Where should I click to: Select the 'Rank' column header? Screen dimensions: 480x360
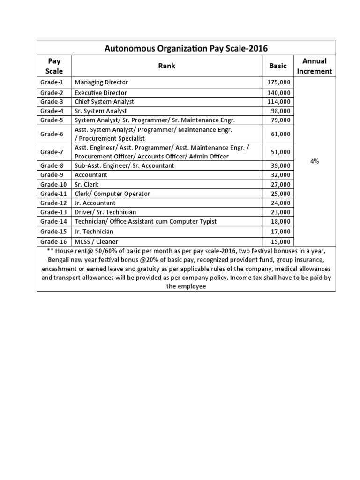(x=166, y=66)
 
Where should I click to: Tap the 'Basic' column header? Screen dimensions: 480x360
(x=277, y=66)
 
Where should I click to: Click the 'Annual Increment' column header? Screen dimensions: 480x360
(x=314, y=66)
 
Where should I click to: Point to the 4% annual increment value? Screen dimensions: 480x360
(x=314, y=161)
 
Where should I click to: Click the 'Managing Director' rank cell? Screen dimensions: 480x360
(x=101, y=82)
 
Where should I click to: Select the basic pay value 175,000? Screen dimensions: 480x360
(x=278, y=82)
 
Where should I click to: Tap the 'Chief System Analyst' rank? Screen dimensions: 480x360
(x=104, y=102)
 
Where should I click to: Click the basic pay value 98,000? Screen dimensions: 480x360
(x=280, y=111)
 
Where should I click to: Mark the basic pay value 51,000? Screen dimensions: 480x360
(x=280, y=152)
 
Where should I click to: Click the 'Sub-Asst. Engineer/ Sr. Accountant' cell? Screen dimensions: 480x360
(x=124, y=165)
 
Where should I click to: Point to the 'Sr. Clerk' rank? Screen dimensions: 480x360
(x=87, y=184)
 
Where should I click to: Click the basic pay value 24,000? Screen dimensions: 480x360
(x=280, y=203)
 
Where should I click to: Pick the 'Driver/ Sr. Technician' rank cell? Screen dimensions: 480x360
(x=105, y=212)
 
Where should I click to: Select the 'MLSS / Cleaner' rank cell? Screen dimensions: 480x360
(x=96, y=241)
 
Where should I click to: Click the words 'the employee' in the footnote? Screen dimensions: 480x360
(x=186, y=286)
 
